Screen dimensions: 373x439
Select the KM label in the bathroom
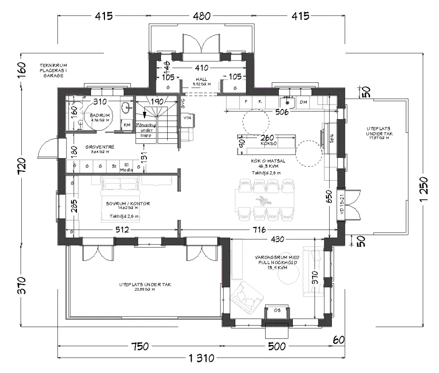[127, 125]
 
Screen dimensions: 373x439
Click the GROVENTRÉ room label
[99, 147]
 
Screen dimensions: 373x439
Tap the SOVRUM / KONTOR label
[122, 204]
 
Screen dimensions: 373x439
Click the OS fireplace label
[277, 310]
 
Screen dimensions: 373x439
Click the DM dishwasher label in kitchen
[303, 102]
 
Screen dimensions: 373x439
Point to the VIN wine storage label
[187, 117]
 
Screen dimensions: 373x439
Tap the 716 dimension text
[258, 230]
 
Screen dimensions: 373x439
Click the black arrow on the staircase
[144, 114]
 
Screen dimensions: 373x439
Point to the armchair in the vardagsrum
[245, 297]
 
